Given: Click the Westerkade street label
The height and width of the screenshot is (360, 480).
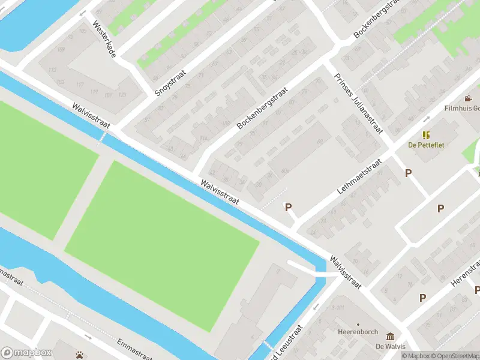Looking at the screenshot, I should [104, 40].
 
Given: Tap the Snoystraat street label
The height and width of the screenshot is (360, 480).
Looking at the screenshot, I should [170, 83].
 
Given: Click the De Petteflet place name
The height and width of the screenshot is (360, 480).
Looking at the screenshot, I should [425, 145].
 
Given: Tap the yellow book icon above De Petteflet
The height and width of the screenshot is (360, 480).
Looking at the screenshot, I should [426, 136].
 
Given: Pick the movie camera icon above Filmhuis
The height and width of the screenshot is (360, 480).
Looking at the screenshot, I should [468, 98].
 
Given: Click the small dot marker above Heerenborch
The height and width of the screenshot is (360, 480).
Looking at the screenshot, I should [358, 323].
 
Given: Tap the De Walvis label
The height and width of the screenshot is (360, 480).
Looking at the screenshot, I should [391, 346].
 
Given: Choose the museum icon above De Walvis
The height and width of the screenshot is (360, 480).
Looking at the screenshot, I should [391, 336].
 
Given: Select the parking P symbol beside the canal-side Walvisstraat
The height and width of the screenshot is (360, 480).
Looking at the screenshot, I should [288, 208].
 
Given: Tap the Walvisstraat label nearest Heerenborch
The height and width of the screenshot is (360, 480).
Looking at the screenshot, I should [345, 272].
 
